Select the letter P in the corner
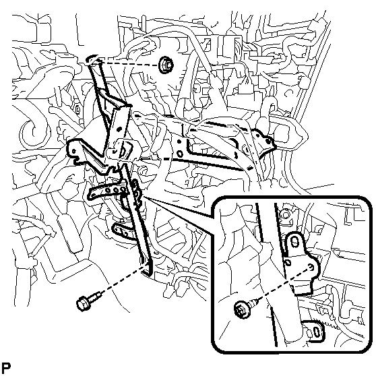point(6,367)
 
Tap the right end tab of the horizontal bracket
point(268,144)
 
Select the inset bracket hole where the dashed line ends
point(311,267)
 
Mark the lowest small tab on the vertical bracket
point(121,231)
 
